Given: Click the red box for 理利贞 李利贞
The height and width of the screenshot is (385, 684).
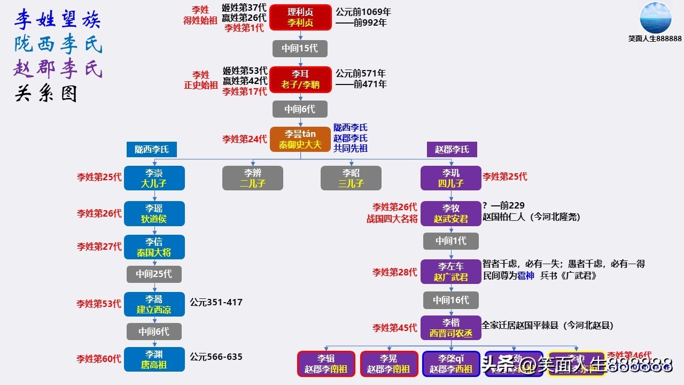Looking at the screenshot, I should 300,18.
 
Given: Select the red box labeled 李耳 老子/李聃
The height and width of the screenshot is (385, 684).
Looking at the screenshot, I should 300,79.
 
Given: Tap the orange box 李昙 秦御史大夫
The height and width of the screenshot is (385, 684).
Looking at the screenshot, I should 300,139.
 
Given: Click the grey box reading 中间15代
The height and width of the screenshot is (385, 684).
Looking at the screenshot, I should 300,48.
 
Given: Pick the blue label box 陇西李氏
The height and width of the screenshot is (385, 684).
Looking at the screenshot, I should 152,149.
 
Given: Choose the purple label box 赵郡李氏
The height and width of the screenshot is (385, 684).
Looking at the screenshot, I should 452,149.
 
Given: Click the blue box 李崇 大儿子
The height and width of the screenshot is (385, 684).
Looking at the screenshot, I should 154,178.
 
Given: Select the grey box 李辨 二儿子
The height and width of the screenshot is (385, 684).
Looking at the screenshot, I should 253,178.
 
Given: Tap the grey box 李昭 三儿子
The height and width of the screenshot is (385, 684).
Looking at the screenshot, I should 351,178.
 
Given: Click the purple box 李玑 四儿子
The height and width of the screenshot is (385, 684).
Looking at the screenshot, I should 450,178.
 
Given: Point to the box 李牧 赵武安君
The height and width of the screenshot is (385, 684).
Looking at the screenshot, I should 450,213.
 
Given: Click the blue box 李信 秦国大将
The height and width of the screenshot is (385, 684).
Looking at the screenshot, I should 154,247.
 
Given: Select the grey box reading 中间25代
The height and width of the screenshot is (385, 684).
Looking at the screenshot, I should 154,274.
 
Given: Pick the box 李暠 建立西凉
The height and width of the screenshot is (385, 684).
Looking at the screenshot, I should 154,304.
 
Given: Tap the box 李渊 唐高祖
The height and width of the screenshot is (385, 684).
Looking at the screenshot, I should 154,359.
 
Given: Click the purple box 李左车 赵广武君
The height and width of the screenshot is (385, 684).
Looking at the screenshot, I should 450,272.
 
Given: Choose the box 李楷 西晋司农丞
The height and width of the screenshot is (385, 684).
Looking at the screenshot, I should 450,328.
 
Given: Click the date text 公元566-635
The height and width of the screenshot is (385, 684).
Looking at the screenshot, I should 216,357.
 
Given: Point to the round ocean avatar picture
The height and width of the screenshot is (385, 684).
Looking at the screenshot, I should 655,18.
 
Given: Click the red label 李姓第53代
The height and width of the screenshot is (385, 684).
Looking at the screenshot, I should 99,304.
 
